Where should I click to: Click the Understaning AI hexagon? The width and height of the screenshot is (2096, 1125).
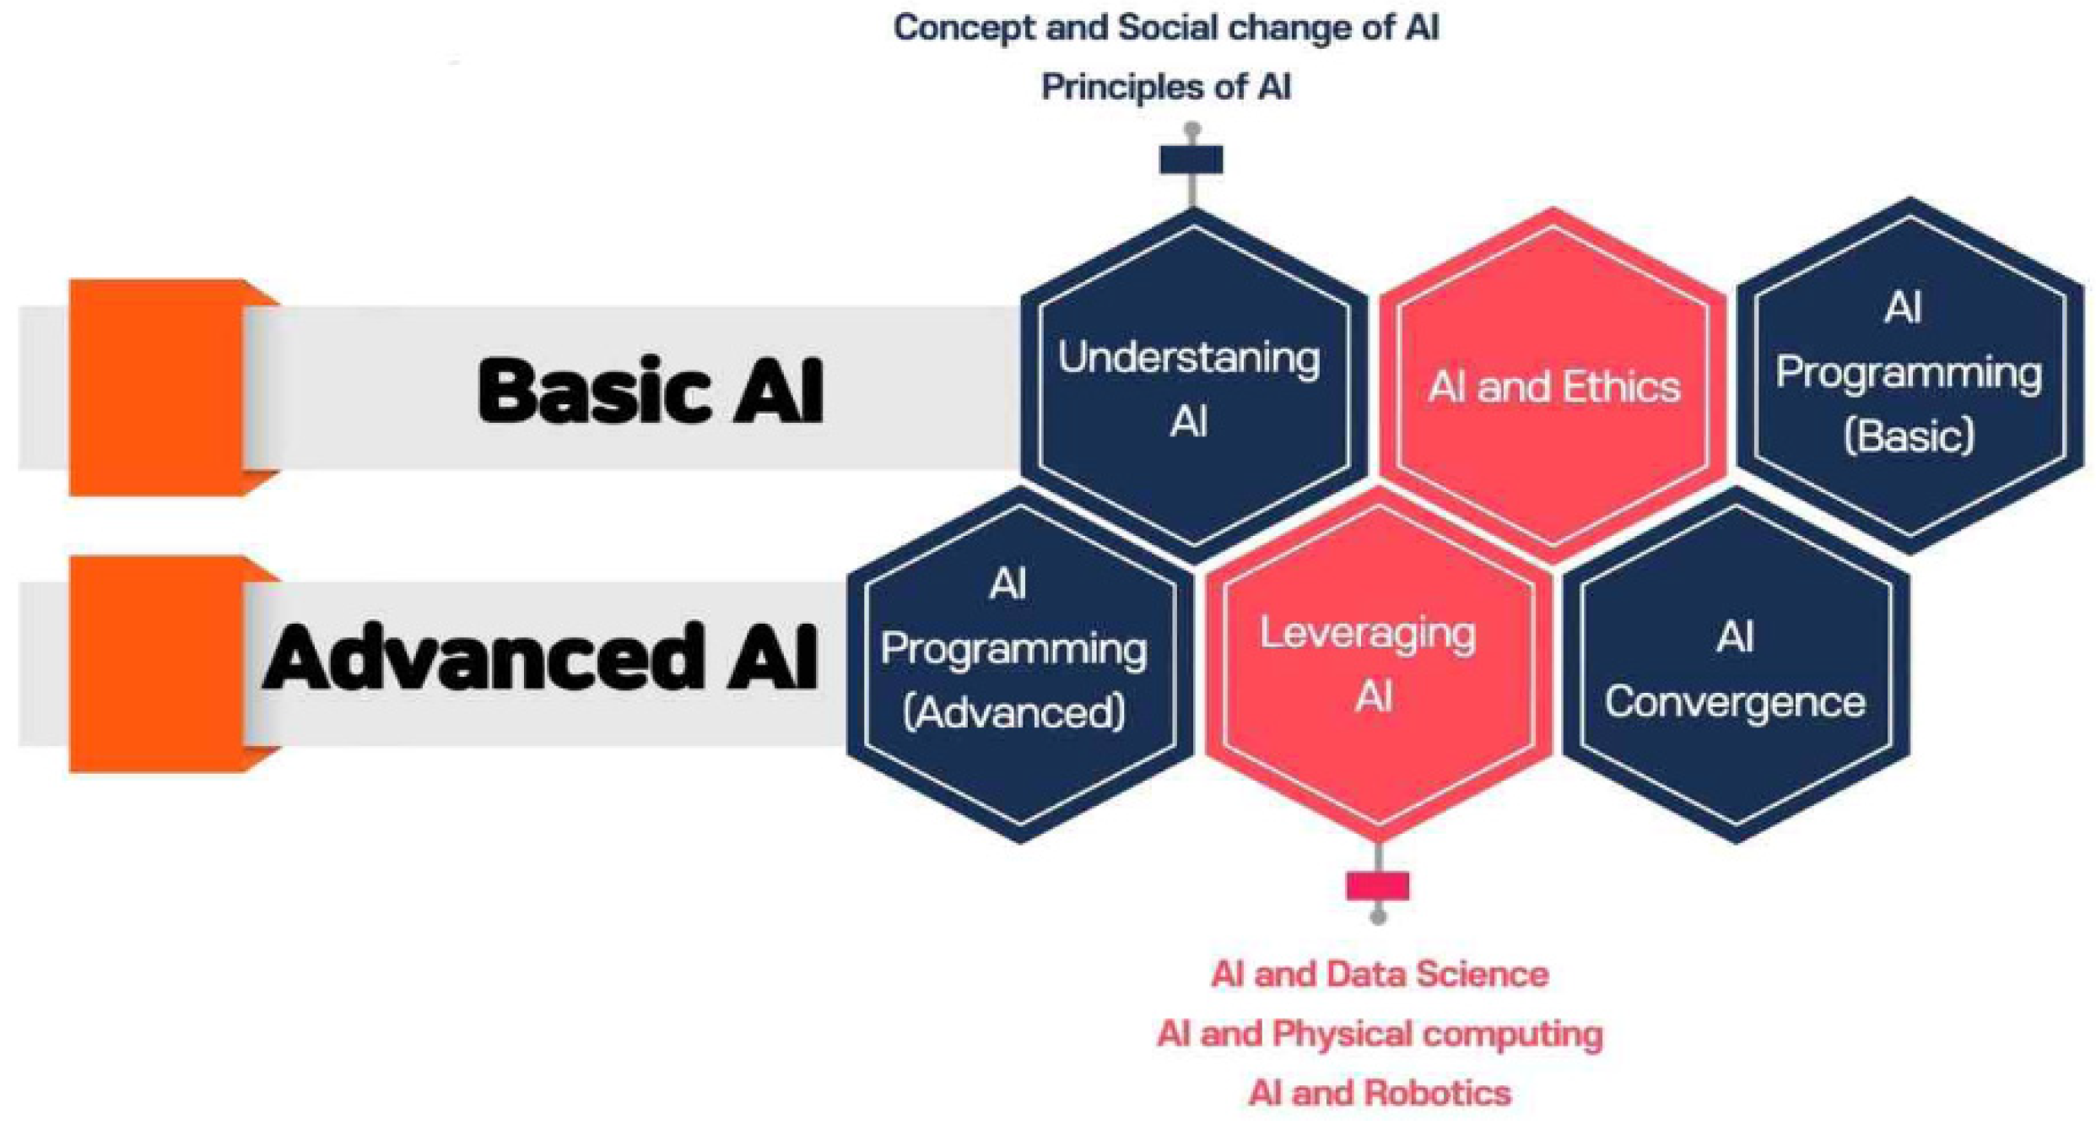(1192, 388)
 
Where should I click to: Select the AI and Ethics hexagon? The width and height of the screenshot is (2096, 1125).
(1553, 387)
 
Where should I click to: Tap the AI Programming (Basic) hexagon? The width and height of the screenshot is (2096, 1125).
(1910, 376)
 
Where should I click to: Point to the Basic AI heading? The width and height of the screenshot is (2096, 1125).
(651, 391)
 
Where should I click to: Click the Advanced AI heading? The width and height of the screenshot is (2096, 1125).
(540, 658)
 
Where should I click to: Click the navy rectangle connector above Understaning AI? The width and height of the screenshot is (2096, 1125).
(1191, 160)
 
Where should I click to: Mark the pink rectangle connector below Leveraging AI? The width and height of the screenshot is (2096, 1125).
(1378, 886)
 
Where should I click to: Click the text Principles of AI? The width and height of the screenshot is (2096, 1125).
(1166, 87)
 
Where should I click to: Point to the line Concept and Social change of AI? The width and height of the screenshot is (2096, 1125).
(1166, 28)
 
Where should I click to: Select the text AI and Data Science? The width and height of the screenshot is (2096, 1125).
(1380, 975)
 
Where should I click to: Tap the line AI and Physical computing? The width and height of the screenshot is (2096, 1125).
(1380, 1034)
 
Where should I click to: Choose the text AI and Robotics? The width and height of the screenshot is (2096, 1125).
(1380, 1093)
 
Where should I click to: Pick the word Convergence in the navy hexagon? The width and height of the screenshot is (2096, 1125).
(1736, 702)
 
